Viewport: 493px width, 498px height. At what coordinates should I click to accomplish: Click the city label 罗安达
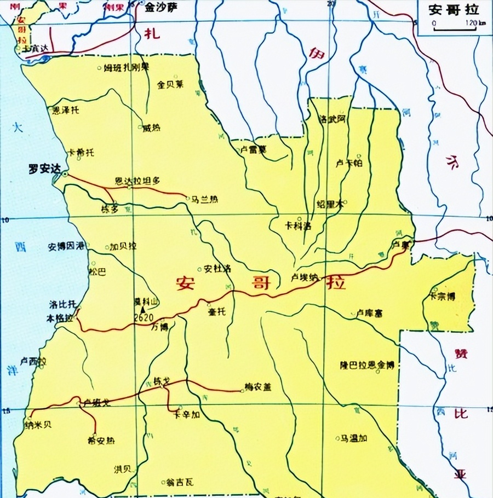click(x=43, y=169)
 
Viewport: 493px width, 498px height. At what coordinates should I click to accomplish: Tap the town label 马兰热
click(x=204, y=200)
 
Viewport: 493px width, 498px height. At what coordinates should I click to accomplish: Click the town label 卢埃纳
click(x=305, y=277)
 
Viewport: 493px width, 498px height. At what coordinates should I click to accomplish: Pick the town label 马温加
click(x=354, y=438)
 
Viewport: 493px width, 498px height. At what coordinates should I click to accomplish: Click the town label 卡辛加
click(x=188, y=415)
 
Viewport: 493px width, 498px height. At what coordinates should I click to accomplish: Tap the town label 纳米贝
click(x=38, y=425)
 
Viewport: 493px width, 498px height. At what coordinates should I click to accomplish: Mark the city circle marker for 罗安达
click(x=65, y=174)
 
